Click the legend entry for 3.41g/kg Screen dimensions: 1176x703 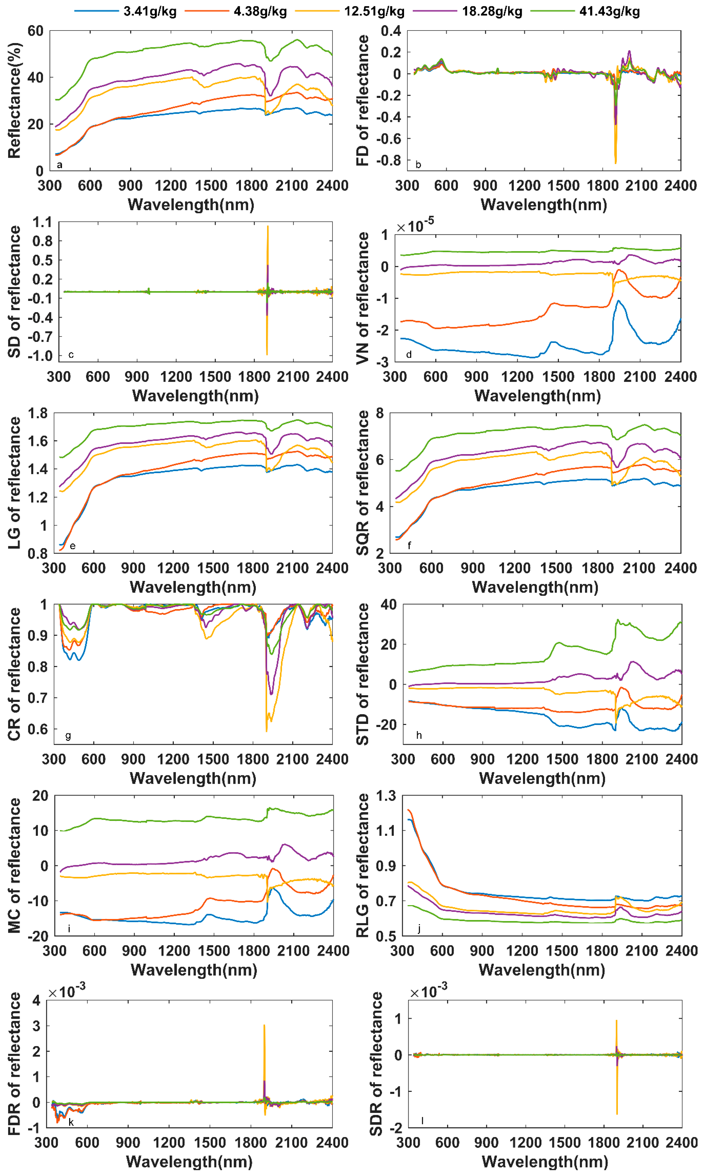click(150, 11)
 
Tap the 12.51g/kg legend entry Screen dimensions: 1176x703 click(374, 11)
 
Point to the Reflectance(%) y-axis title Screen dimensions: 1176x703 click(14, 101)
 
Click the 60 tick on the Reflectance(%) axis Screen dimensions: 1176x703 click(36, 31)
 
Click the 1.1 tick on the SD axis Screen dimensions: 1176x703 click(43, 222)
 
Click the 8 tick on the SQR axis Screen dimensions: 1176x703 click(380, 413)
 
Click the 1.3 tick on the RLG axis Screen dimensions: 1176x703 click(386, 796)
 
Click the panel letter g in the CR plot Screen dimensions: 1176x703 click(68, 736)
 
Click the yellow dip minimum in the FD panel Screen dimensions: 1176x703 click(615, 163)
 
